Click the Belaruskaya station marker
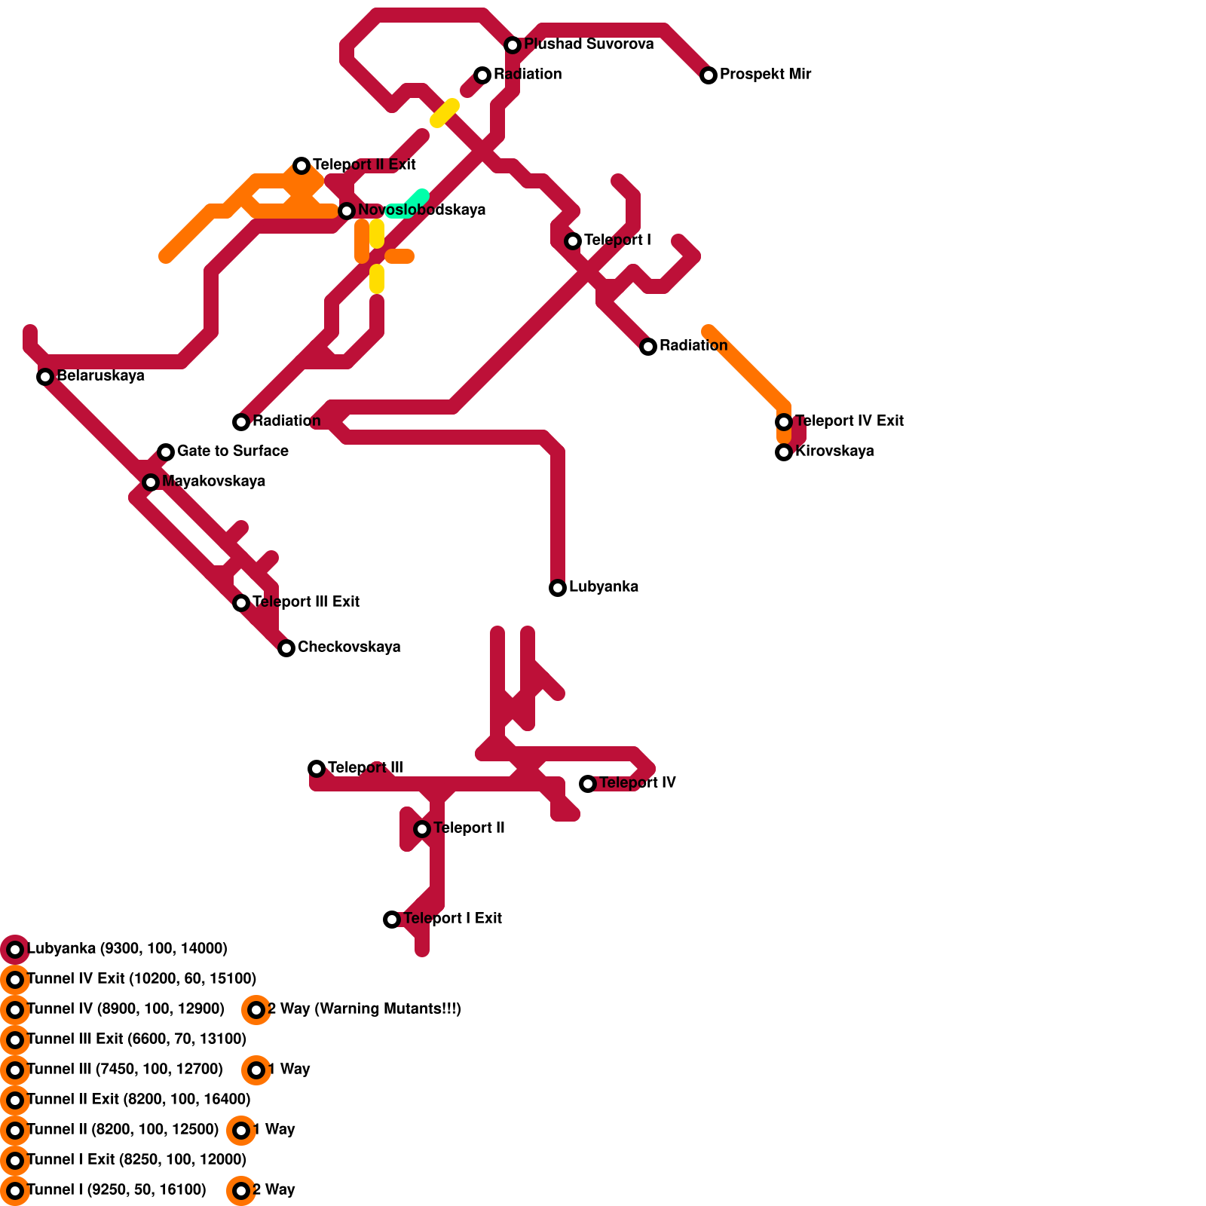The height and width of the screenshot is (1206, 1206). click(x=45, y=376)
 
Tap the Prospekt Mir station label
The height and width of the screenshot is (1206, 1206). click(x=765, y=74)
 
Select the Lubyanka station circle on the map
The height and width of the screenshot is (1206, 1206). click(x=558, y=587)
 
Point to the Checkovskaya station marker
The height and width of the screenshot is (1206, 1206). click(x=286, y=647)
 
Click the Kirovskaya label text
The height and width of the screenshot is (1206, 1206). click(x=834, y=451)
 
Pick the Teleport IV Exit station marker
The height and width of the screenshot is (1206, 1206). click(x=784, y=421)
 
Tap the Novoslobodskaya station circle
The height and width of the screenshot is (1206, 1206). click(x=347, y=210)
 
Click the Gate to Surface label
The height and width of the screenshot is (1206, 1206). click(x=232, y=451)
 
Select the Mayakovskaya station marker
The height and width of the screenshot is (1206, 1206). click(x=151, y=482)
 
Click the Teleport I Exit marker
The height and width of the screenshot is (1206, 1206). click(x=392, y=919)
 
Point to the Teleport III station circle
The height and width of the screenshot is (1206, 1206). click(x=317, y=768)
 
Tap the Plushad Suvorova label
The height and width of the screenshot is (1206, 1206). click(x=589, y=44)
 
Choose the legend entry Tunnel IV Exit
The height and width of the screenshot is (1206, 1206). click(x=141, y=978)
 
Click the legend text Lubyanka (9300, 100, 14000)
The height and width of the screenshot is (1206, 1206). click(x=127, y=948)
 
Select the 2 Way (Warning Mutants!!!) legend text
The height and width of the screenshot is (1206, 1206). click(x=364, y=1009)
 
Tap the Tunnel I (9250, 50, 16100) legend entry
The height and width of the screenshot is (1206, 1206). click(x=116, y=1189)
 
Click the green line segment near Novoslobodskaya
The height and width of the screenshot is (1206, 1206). click(x=411, y=204)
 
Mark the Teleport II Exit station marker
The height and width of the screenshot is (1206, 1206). click(x=301, y=165)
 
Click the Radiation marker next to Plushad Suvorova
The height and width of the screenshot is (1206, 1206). click(x=482, y=75)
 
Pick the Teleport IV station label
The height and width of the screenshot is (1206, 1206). click(x=638, y=782)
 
